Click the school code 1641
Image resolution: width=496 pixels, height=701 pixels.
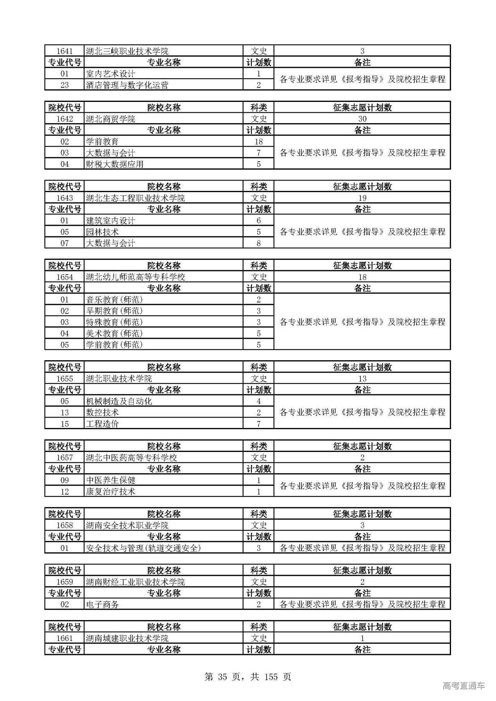click(x=64, y=51)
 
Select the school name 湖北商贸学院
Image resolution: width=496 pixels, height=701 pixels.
click(x=110, y=119)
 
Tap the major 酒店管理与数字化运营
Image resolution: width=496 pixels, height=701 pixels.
click(x=127, y=85)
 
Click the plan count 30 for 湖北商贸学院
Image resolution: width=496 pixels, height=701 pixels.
click(x=362, y=119)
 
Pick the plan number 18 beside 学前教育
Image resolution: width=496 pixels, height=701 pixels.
click(x=258, y=142)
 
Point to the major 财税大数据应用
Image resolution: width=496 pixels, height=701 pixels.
click(x=115, y=164)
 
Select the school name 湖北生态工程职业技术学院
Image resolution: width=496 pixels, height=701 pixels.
click(x=135, y=198)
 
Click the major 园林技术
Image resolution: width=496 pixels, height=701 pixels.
click(x=102, y=232)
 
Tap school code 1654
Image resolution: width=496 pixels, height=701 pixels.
click(x=64, y=277)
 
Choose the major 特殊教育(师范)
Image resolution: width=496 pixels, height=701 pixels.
click(x=114, y=322)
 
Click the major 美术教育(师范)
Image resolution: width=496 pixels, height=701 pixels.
click(x=114, y=333)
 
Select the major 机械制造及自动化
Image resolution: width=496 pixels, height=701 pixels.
click(x=119, y=401)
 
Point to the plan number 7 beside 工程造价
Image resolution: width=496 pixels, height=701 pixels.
click(x=258, y=424)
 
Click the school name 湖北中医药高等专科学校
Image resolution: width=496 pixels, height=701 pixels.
click(x=131, y=457)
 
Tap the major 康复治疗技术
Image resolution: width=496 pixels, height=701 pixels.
click(x=110, y=491)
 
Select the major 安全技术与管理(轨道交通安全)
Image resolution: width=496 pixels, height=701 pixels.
click(x=143, y=548)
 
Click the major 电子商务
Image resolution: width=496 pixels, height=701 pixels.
click(x=102, y=604)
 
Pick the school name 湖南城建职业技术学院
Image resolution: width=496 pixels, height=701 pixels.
click(x=127, y=638)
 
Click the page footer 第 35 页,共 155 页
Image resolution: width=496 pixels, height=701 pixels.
click(x=248, y=677)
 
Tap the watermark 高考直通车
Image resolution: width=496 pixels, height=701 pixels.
click(x=463, y=686)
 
